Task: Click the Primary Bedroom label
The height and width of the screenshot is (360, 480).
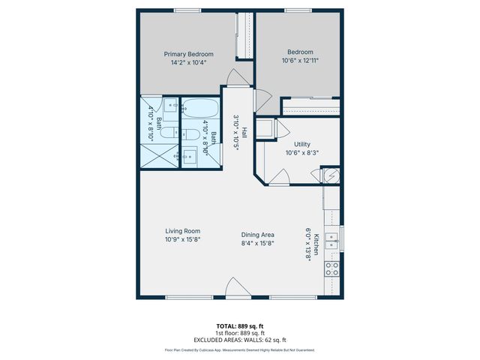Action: (189, 54)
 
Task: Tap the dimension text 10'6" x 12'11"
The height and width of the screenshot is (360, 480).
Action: (300, 61)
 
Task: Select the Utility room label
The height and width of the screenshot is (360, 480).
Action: (302, 144)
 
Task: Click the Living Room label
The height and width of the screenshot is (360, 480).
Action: (183, 231)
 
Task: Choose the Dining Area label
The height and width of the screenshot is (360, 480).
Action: (257, 235)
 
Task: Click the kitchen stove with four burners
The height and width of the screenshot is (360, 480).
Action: (331, 268)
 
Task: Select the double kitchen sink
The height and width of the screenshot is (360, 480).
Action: (332, 240)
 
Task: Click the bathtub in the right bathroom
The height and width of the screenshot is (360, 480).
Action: (201, 109)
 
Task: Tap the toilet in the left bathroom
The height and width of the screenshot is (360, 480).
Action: (169, 133)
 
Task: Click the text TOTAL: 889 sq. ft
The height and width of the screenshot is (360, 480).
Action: (239, 326)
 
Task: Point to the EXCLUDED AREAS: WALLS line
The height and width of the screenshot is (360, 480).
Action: (239, 339)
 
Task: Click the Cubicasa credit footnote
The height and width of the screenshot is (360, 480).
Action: (239, 349)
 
